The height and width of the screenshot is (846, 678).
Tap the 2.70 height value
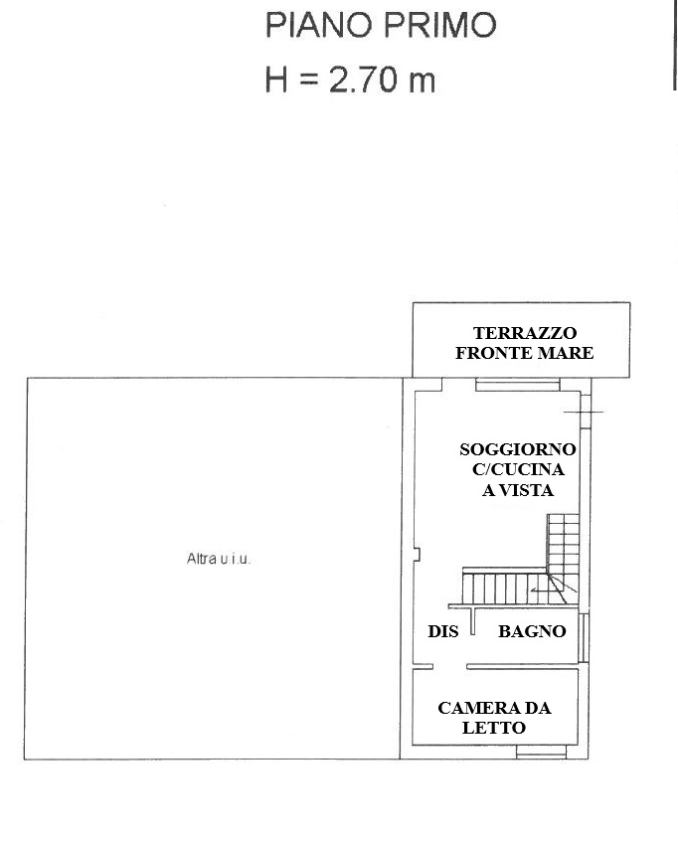click(x=363, y=80)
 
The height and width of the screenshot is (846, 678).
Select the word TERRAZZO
click(x=517, y=333)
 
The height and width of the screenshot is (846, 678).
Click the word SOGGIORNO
click(x=518, y=449)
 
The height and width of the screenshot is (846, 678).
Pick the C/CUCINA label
click(x=518, y=469)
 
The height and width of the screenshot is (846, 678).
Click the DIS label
click(x=442, y=631)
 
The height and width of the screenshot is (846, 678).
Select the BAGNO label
click(x=532, y=631)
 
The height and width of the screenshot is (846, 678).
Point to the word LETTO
click(x=494, y=728)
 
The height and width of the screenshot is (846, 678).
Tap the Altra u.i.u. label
click(x=219, y=559)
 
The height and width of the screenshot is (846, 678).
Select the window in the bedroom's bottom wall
click(x=542, y=752)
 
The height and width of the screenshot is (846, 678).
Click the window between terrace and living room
click(x=518, y=385)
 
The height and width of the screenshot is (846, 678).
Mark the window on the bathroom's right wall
click(x=584, y=637)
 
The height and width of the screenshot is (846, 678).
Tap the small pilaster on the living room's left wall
click(x=417, y=555)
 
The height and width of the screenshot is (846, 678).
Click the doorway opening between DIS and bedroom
click(x=449, y=667)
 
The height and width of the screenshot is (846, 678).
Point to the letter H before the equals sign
click(x=276, y=80)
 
